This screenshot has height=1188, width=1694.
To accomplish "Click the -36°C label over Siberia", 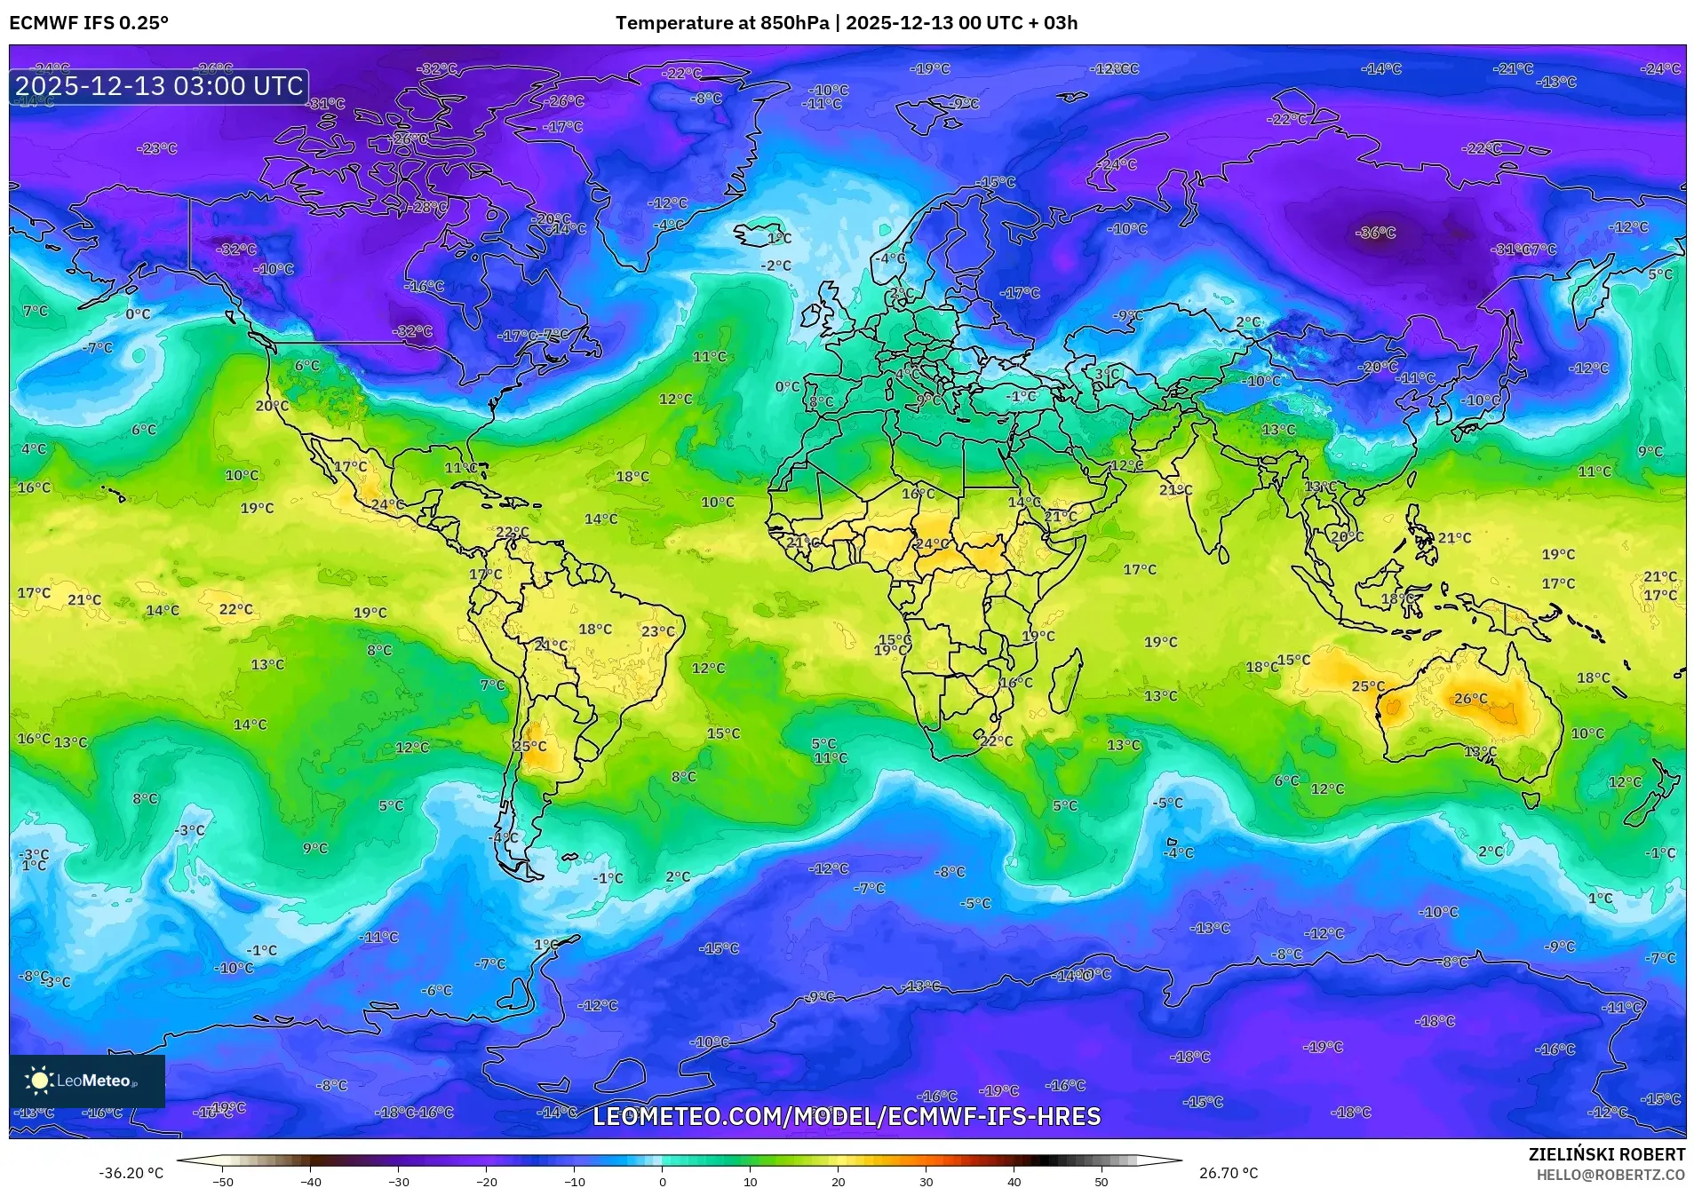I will [x=1375, y=233].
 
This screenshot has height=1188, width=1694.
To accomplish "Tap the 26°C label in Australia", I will [x=1470, y=699].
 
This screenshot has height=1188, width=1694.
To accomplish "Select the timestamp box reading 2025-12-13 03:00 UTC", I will [x=160, y=86].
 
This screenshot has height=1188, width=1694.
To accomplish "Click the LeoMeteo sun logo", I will [x=39, y=1081].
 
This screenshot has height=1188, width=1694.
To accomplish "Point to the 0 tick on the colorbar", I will [x=663, y=1181].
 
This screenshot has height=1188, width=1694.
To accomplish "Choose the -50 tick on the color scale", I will [x=223, y=1181].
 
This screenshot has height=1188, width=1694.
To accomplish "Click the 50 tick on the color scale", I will [x=1101, y=1181].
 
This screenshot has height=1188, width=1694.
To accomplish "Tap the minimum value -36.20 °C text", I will [x=131, y=1173].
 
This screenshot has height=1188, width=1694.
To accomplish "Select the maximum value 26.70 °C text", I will [x=1229, y=1173].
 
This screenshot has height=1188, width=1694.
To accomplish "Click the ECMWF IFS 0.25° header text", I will [x=89, y=23].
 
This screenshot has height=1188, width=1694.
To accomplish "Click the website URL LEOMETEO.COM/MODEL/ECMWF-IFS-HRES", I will [x=847, y=1116].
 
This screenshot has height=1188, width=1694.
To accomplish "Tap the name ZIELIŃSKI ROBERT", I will [x=1606, y=1154].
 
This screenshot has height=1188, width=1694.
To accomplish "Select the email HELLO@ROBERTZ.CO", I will [x=1610, y=1175].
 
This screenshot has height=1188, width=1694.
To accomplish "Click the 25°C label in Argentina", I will [x=530, y=746].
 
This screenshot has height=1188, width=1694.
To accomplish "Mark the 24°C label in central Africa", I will [x=931, y=543].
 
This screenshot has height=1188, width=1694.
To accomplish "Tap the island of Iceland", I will [x=764, y=236].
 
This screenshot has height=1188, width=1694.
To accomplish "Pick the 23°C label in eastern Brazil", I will [x=658, y=631].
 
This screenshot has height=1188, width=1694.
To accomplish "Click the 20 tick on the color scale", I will [x=838, y=1181].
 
